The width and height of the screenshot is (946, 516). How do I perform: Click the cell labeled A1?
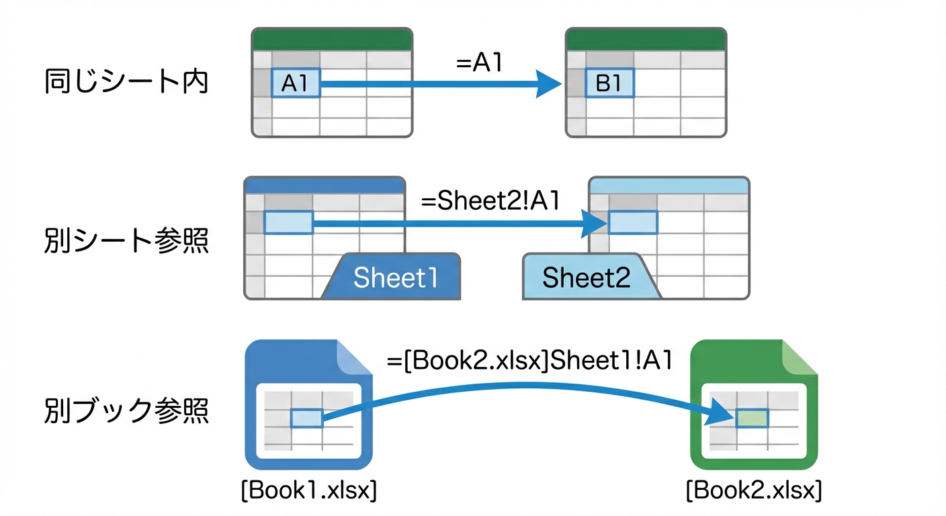296,83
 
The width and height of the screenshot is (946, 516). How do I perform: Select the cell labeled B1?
609,83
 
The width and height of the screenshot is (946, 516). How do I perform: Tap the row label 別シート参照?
126,241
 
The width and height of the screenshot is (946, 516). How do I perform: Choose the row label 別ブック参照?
126,410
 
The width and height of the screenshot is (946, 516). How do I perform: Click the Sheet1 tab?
395,277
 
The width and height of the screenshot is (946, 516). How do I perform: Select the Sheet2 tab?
587,277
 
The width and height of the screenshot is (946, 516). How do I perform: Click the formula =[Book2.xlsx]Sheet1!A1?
529,361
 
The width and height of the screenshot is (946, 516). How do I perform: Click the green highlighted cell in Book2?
751,418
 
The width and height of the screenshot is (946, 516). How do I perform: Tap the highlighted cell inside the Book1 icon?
306,419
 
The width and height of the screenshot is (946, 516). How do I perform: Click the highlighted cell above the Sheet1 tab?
288,222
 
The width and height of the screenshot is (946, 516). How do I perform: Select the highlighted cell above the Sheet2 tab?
632,222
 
